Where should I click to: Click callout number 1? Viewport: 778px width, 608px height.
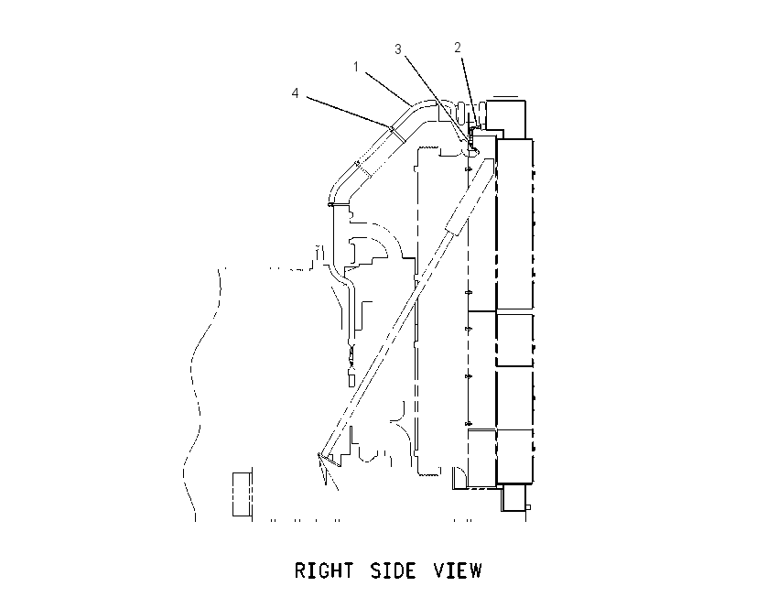click(356, 67)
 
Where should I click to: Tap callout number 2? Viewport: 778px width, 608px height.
click(458, 47)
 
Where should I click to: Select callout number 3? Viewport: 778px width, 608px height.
click(398, 49)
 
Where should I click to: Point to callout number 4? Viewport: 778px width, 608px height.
click(296, 92)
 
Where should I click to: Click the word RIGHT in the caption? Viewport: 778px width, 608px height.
click(324, 570)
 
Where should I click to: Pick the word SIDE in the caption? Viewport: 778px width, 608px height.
click(393, 570)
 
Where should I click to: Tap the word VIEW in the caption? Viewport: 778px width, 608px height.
click(458, 570)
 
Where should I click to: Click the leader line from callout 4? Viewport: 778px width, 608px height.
click(349, 113)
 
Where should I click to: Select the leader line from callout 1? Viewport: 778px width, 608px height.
click(388, 89)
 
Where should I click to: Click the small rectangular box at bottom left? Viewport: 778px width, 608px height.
click(241, 494)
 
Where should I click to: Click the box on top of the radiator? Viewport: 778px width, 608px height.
click(505, 119)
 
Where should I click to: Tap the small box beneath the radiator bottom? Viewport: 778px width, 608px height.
click(513, 498)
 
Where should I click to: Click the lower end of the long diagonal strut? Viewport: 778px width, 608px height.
click(320, 454)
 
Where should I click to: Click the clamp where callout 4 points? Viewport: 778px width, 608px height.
click(397, 135)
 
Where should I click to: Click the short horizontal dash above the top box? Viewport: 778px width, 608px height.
click(505, 97)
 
